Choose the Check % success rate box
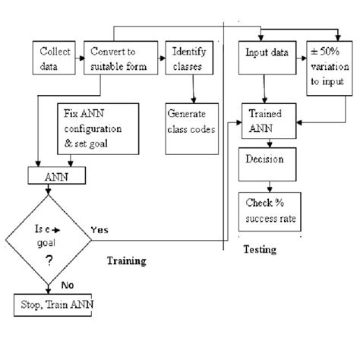coord(270,210)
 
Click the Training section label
coord(125,261)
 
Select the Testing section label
coord(259,249)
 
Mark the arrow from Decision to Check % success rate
coord(263,183)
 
